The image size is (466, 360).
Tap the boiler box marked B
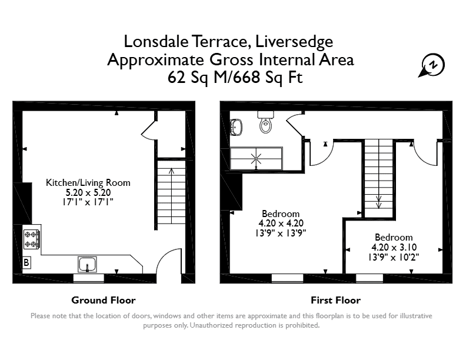tap(26, 262)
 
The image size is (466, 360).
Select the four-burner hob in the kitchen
tap(32, 239)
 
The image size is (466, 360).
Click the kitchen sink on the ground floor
tap(87, 264)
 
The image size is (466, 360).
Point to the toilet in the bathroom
tap(265, 122)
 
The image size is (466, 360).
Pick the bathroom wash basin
tap(236, 127)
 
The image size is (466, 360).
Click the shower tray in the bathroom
tap(256, 159)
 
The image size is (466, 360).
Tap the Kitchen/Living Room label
tap(88, 182)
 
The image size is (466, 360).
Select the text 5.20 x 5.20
tap(88, 192)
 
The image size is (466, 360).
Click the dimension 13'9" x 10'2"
tap(394, 257)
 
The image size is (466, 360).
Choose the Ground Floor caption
tap(104, 301)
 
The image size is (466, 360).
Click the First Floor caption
tap(336, 301)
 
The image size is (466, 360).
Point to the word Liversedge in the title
tap(294, 42)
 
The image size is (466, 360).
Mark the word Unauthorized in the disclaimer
tap(212, 325)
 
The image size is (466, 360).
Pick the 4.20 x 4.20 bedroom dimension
tap(281, 223)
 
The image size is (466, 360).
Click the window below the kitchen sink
tap(89, 278)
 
